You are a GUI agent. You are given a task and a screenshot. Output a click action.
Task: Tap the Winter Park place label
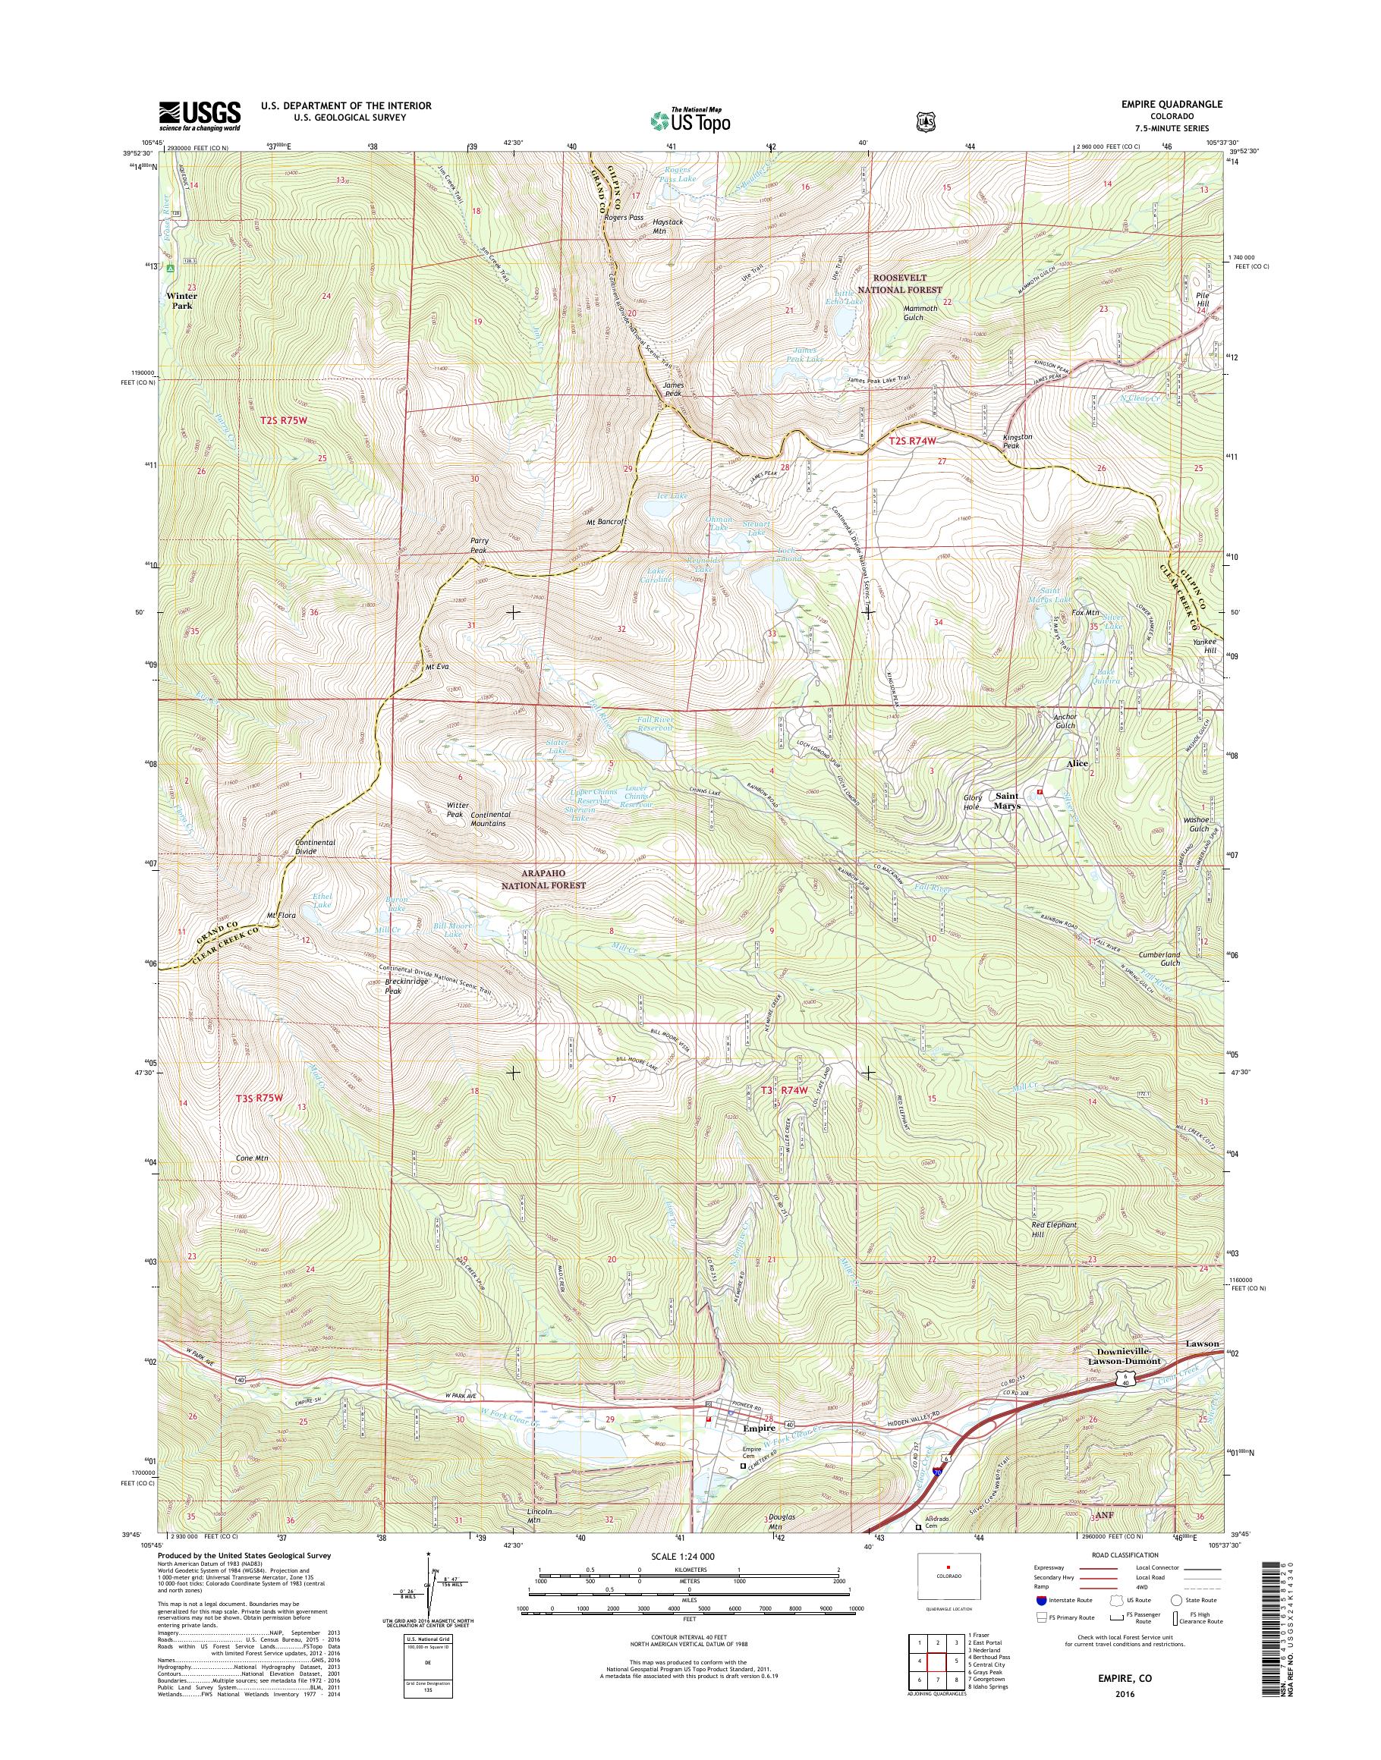click(182, 300)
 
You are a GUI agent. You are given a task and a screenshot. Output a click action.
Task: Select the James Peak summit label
click(674, 390)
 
